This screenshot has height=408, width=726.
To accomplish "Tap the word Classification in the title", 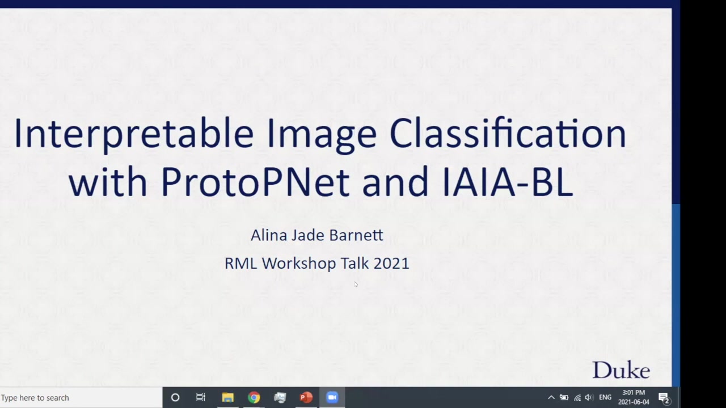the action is [508, 133].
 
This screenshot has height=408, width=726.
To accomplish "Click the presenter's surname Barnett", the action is [356, 235].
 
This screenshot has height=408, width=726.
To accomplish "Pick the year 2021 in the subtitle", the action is [391, 263].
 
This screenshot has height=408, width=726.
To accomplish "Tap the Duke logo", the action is [621, 370].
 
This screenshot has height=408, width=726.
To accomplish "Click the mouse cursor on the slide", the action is [356, 284].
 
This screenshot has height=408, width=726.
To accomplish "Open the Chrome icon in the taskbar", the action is [254, 397].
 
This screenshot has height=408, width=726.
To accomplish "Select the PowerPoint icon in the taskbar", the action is [306, 397].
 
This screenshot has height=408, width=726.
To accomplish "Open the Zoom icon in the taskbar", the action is [332, 397].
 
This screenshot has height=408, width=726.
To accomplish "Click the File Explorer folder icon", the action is [228, 397].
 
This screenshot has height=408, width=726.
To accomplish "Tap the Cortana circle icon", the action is [175, 397].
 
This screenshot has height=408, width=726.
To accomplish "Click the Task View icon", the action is [201, 397].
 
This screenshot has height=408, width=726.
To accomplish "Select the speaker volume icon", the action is [589, 398].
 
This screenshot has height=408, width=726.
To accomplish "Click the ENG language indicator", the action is [605, 397].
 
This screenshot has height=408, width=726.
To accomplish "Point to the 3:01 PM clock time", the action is [634, 393].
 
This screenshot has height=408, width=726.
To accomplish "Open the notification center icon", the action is [664, 398].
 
